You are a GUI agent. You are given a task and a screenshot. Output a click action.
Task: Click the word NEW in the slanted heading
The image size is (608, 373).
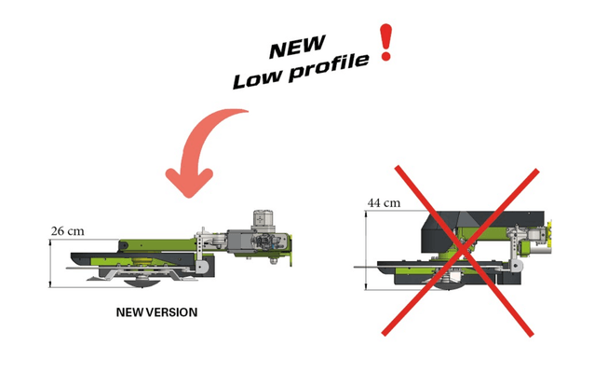[x=297, y=47]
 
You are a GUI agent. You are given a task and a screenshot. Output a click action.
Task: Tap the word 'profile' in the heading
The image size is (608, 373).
[x=330, y=67]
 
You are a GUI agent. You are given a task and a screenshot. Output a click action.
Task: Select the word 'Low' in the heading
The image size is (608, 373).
[x=257, y=79]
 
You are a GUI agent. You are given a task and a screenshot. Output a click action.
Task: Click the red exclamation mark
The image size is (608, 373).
[x=385, y=42]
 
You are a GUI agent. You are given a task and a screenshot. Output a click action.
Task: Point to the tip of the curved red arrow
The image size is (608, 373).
[x=189, y=196]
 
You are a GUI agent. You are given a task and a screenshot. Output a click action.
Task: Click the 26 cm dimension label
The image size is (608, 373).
[x=67, y=231]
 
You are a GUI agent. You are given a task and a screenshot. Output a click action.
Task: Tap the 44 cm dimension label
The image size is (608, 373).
[x=384, y=203]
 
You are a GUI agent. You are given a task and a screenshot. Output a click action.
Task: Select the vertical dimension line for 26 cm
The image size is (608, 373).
[x=50, y=263]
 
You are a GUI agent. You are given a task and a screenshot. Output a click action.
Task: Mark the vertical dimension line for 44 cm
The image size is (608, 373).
[x=366, y=250]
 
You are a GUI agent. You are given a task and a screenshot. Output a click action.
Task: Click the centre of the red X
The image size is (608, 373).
[x=462, y=250]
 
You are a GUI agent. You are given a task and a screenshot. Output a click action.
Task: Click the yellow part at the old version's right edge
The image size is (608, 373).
[x=549, y=232]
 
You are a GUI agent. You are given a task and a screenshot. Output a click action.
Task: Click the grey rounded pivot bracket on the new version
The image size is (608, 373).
[x=203, y=266]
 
